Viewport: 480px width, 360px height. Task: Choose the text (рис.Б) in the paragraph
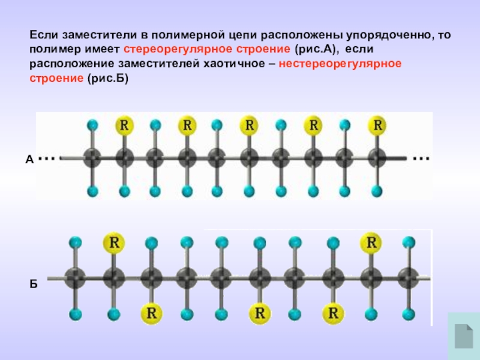pos(109,79)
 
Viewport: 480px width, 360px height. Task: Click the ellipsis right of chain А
pos(421,159)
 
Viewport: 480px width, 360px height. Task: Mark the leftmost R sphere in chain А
pos(124,125)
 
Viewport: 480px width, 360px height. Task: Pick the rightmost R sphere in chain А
pos(377,125)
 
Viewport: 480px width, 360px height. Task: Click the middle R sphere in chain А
pos(249,125)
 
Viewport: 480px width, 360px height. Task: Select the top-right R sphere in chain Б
pos(371,242)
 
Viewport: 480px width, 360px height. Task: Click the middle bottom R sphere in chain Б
pos(259,313)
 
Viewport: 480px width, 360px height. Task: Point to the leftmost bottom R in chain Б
pos(150,313)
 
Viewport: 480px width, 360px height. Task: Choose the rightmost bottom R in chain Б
pos(333,313)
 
